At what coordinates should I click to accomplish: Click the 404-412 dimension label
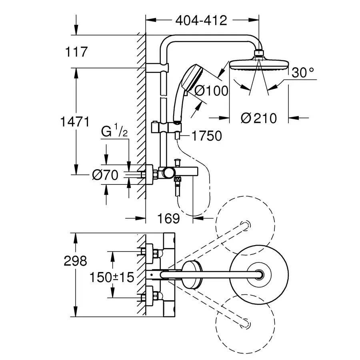click(x=201, y=20)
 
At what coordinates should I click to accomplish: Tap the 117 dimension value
click(x=76, y=52)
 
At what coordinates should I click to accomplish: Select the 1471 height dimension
click(x=75, y=122)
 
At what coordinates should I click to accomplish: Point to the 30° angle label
click(x=303, y=72)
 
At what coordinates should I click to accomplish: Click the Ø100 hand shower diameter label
click(x=211, y=90)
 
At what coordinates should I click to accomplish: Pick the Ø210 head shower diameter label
click(x=259, y=118)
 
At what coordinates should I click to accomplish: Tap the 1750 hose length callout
click(x=207, y=136)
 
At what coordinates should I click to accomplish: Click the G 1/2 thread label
click(x=114, y=131)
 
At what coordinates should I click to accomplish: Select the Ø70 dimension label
click(x=105, y=175)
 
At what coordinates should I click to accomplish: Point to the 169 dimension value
click(x=168, y=218)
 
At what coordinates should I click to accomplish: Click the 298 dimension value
click(x=75, y=261)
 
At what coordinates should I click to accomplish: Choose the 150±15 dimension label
click(x=112, y=277)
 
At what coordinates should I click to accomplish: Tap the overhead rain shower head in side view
click(x=259, y=65)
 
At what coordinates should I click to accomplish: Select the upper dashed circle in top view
click(x=245, y=226)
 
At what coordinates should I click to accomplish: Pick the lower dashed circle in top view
click(x=245, y=324)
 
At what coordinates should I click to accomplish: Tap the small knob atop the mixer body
click(x=177, y=162)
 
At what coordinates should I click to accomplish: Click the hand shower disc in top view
click(x=192, y=274)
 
